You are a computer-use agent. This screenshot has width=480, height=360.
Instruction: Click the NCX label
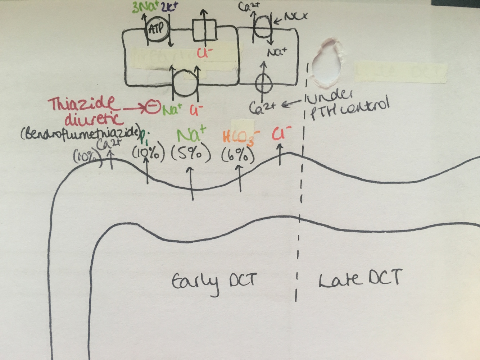(x=296, y=17)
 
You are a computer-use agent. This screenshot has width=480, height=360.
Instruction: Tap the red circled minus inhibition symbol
(x=153, y=107)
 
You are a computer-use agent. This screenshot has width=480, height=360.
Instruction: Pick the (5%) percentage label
(x=190, y=154)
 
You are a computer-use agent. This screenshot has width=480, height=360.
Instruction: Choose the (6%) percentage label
(x=238, y=155)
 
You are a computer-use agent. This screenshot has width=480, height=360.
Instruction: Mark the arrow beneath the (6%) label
(x=240, y=178)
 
